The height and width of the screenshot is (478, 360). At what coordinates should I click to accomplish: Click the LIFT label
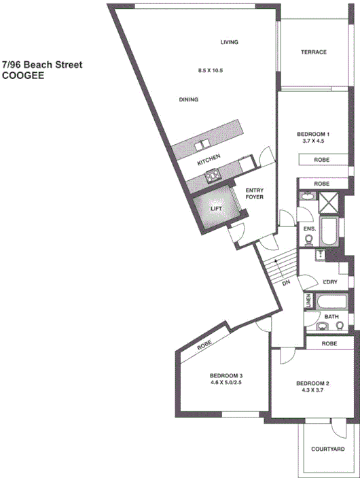coord(216,209)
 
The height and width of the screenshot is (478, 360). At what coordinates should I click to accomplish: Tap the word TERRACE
coord(314,52)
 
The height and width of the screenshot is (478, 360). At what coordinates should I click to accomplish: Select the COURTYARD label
coord(327,449)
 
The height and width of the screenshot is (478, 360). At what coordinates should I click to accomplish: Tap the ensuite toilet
coord(309,239)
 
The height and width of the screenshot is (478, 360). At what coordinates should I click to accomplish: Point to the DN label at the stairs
coord(286,284)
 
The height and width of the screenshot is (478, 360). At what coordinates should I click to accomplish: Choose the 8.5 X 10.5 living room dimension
coord(211,71)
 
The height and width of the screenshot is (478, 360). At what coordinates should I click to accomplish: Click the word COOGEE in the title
coord(23,76)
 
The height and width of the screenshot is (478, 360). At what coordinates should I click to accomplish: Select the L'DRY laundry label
coord(331,282)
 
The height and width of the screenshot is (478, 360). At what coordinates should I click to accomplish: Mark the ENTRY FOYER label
coord(255,193)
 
